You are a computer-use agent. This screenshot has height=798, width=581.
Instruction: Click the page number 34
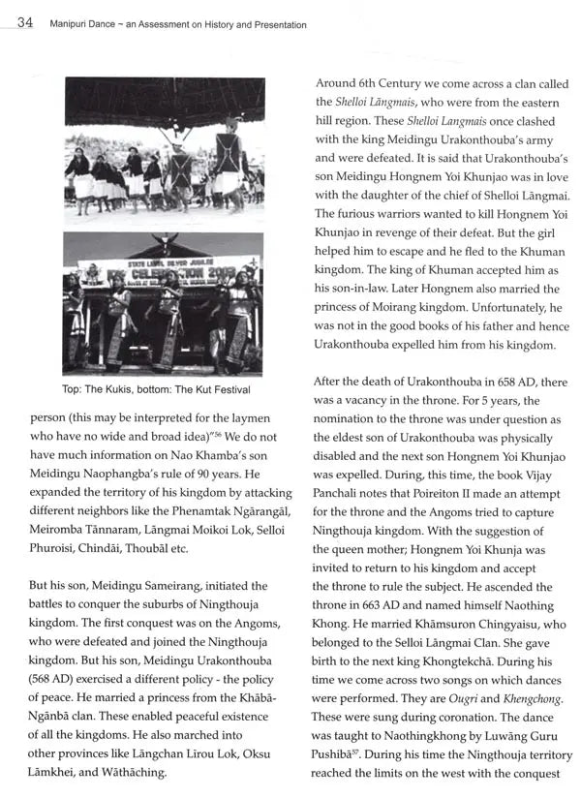(x=26, y=22)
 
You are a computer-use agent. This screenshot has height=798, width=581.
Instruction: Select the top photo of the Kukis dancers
(x=164, y=147)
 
